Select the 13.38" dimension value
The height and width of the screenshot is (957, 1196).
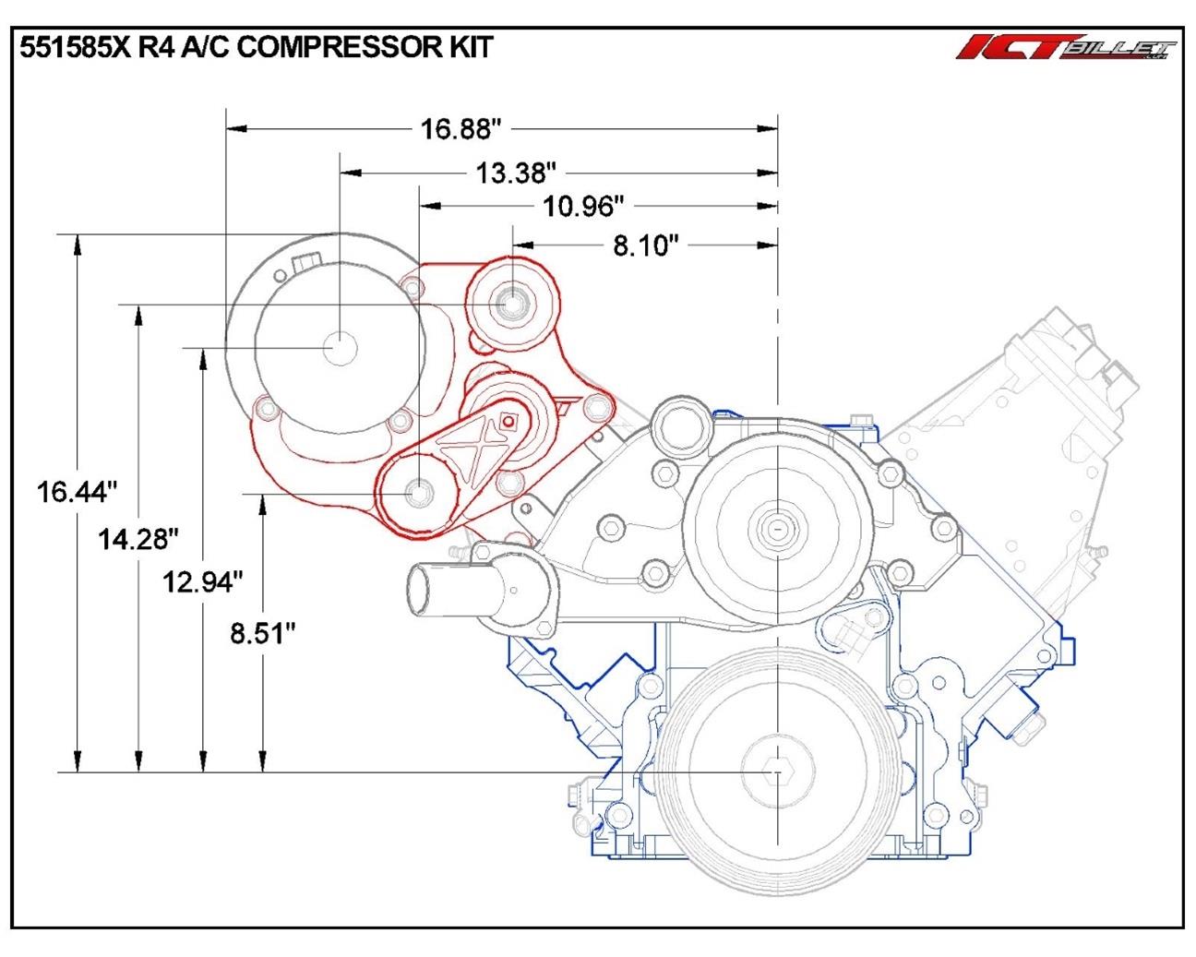(516, 173)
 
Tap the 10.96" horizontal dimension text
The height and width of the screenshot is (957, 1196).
(584, 207)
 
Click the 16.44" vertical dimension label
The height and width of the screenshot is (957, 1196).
(78, 491)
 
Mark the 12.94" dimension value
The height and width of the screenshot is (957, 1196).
(203, 581)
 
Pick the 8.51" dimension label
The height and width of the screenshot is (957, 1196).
(263, 634)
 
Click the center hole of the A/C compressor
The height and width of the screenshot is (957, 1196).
(340, 348)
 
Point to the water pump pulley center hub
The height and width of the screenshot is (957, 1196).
(778, 529)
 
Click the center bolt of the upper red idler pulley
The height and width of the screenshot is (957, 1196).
(510, 303)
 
